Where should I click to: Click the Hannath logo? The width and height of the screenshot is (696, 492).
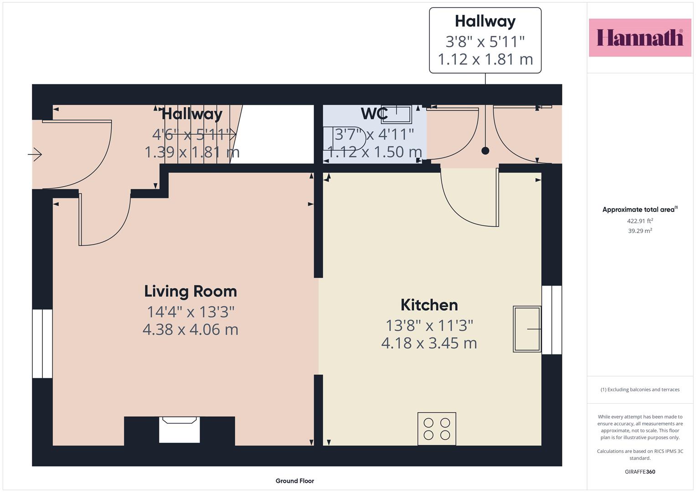pyautogui.click(x=640, y=37)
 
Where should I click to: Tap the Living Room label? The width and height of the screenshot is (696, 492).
pyautogui.click(x=191, y=292)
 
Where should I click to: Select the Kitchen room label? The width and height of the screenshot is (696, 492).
pyautogui.click(x=429, y=305)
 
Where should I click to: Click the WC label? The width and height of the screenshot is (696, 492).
pyautogui.click(x=374, y=114)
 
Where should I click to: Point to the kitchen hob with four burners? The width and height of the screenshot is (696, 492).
pyautogui.click(x=437, y=429)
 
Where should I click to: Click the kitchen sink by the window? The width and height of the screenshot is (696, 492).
pyautogui.click(x=527, y=329)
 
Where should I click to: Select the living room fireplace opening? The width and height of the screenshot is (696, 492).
pyautogui.click(x=179, y=430)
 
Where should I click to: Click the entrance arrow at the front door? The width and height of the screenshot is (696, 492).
pyautogui.click(x=35, y=154)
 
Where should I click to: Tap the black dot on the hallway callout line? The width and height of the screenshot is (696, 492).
pyautogui.click(x=485, y=151)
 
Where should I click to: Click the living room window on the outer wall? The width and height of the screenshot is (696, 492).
pyautogui.click(x=42, y=343)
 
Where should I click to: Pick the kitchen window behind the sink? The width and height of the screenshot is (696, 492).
pyautogui.click(x=552, y=320)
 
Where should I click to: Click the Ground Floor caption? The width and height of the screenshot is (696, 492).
pyautogui.click(x=294, y=481)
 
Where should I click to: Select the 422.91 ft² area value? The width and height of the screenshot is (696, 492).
pyautogui.click(x=640, y=221)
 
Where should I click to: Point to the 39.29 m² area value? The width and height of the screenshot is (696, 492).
pyautogui.click(x=640, y=231)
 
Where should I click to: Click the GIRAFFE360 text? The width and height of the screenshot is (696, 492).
pyautogui.click(x=640, y=471)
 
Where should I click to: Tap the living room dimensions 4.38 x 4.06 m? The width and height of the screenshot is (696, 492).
pyautogui.click(x=191, y=329)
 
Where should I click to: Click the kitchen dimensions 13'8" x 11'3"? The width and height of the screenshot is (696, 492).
pyautogui.click(x=429, y=326)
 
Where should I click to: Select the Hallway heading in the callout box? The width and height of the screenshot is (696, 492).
pyautogui.click(x=485, y=21)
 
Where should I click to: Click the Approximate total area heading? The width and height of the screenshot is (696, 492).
pyautogui.click(x=640, y=210)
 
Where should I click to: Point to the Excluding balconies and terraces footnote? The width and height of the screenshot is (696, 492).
pyautogui.click(x=640, y=389)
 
